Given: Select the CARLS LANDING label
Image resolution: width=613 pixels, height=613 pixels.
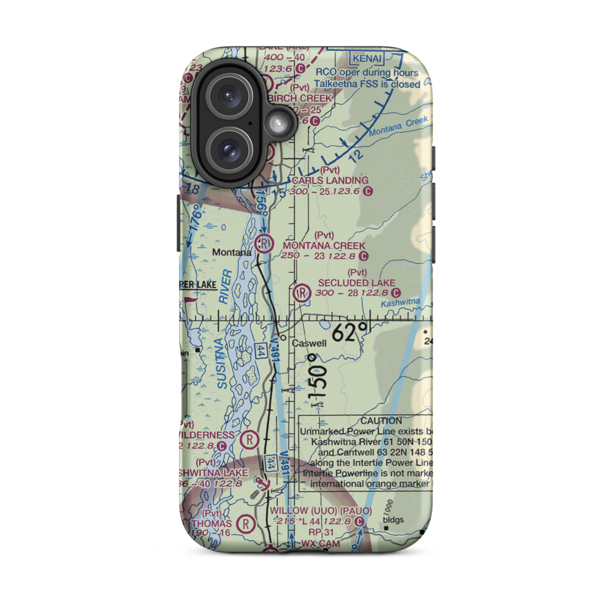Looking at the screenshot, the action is click(x=330, y=180).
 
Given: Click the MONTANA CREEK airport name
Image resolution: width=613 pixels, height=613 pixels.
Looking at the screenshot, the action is click(x=324, y=245).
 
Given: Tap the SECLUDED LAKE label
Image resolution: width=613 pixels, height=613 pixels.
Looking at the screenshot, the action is click(x=357, y=283).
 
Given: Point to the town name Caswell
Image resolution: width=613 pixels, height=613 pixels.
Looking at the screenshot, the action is click(x=310, y=343).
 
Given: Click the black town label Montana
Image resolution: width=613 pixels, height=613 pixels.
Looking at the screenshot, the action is click(x=231, y=253).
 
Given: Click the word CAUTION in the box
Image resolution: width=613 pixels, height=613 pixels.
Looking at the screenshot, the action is click(x=381, y=421).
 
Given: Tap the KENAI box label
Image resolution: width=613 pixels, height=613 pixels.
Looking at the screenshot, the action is click(x=367, y=59).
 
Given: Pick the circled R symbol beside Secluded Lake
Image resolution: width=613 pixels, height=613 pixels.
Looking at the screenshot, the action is click(x=302, y=293).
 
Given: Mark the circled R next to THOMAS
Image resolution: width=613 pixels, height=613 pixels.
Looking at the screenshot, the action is click(x=246, y=524).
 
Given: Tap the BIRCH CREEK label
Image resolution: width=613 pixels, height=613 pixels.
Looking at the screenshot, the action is click(x=306, y=98).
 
